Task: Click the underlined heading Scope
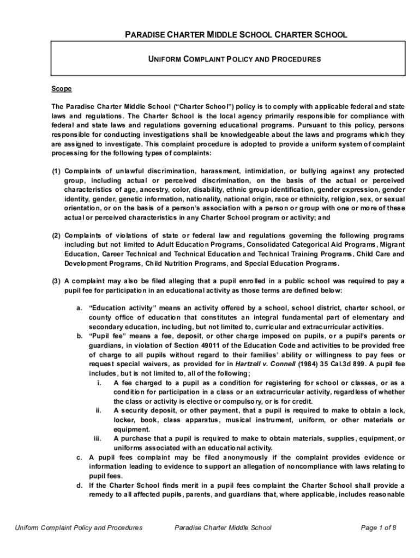tap(62, 89)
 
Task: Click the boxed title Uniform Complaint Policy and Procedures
tap(235, 58)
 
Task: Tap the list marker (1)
tap(56, 171)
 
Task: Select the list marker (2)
tap(56, 235)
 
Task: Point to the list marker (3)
tap(56, 281)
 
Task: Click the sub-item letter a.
tap(80, 308)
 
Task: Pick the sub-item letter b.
tap(80, 336)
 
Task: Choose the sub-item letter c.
tap(80, 457)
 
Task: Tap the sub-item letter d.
tap(80, 485)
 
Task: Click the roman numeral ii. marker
tap(98, 410)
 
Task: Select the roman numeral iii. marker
tap(98, 438)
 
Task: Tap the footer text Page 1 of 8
tap(379, 527)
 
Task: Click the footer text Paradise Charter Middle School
tap(223, 527)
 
